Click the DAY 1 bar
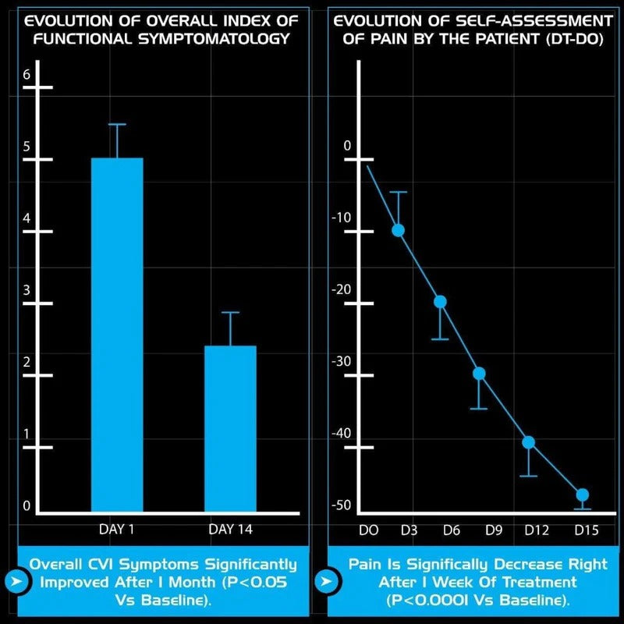pyautogui.click(x=117, y=335)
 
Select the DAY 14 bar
pyautogui.click(x=230, y=429)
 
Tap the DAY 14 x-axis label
pyautogui.click(x=231, y=530)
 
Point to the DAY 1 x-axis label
pyautogui.click(x=117, y=530)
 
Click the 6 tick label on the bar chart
pyautogui.click(x=27, y=75)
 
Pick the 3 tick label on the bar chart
pyautogui.click(x=27, y=290)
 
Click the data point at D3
pyautogui.click(x=398, y=229)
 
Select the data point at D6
pyautogui.click(x=440, y=301)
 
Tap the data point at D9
pyautogui.click(x=479, y=373)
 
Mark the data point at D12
pyautogui.click(x=528, y=442)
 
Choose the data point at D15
pyautogui.click(x=582, y=495)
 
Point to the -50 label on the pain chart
pyautogui.click(x=341, y=505)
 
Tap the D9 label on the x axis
pyautogui.click(x=493, y=530)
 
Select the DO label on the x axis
pyautogui.click(x=368, y=530)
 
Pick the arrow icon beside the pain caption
pyautogui.click(x=327, y=581)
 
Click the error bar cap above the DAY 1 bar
pyautogui.click(x=117, y=124)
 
